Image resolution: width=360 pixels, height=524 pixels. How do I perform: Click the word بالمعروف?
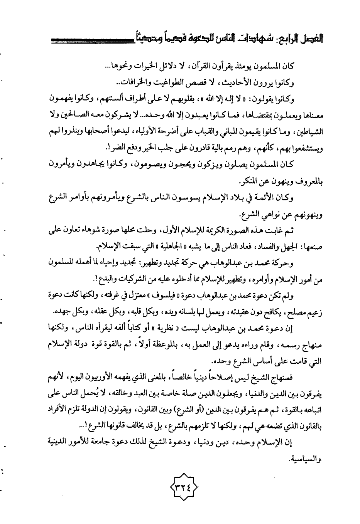pyautogui.click(x=307, y=181)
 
